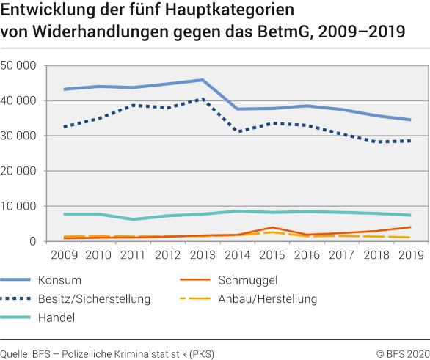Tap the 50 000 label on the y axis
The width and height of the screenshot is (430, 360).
coord(20,65)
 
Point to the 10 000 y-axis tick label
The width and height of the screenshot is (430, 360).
coord(20,206)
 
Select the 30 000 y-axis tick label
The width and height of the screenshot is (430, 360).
coord(20,136)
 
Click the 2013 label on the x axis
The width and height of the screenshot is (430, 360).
coord(203,255)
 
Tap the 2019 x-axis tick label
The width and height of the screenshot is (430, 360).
coord(409,255)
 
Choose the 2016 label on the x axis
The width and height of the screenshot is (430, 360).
coord(306,255)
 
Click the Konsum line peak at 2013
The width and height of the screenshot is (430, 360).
coord(203,80)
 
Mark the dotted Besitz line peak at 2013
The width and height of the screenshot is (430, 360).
coord(203,99)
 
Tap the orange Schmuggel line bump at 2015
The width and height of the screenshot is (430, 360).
coord(272,228)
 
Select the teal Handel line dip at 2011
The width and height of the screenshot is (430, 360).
coord(134,219)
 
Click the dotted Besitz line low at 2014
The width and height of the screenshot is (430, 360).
coord(237,131)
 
